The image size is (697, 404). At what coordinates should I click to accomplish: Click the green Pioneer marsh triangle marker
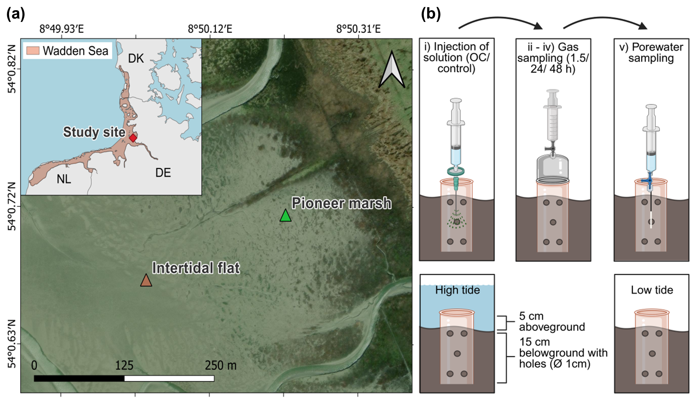click(286, 216)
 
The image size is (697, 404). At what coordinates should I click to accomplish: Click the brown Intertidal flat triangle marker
click(146, 281)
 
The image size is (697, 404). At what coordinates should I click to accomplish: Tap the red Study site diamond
click(133, 138)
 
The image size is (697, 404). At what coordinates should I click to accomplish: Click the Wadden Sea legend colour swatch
click(33, 51)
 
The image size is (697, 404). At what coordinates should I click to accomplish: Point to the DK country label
click(136, 59)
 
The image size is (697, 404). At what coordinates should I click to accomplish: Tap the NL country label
click(64, 179)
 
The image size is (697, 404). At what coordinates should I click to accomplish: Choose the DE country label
click(163, 173)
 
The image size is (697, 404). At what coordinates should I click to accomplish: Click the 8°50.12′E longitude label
click(210, 29)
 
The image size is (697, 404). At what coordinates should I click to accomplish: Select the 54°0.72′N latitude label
click(12, 207)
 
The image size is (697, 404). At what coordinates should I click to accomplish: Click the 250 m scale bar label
click(221, 365)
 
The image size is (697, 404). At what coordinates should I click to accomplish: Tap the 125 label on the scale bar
click(124, 365)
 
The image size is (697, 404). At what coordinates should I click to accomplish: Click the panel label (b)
click(431, 14)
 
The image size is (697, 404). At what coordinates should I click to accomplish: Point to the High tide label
click(457, 290)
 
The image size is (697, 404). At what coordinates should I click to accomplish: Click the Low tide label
click(652, 290)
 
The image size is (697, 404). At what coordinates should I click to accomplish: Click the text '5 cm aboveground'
click(552, 322)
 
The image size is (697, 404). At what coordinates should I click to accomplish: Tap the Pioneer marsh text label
click(341, 203)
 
